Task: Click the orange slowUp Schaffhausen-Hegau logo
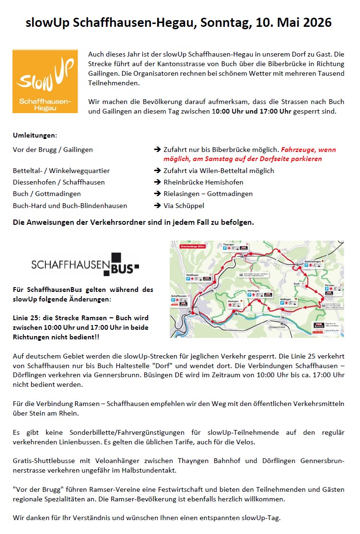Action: tap(45, 81)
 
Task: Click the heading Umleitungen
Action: tap(35, 136)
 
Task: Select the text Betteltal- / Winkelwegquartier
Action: tap(61, 171)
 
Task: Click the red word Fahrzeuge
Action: tap(298, 150)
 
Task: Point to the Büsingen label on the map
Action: tap(234, 301)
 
